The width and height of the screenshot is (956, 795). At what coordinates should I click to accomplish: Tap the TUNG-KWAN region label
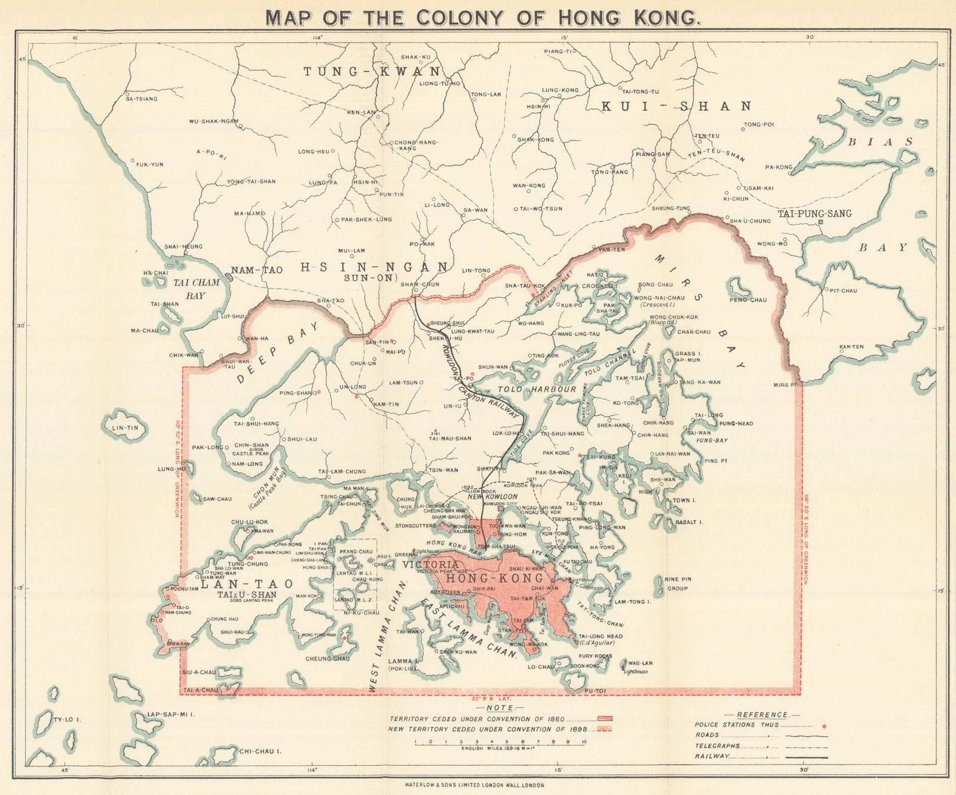click(372, 72)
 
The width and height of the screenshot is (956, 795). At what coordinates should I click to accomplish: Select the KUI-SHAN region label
click(676, 106)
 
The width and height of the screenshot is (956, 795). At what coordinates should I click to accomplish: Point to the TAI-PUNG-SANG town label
click(814, 213)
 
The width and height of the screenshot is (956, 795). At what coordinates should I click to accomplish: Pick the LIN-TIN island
click(125, 427)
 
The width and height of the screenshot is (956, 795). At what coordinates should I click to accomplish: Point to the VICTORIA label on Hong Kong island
click(431, 564)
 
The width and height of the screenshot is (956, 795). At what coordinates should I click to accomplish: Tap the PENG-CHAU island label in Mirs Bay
click(747, 299)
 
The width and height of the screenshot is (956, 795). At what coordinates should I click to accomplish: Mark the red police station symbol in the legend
click(825, 726)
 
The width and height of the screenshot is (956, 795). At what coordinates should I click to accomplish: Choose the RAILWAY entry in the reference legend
click(712, 756)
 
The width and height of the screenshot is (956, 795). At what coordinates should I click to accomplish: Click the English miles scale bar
click(499, 742)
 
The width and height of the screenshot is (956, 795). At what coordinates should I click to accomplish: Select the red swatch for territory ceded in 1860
click(605, 718)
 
